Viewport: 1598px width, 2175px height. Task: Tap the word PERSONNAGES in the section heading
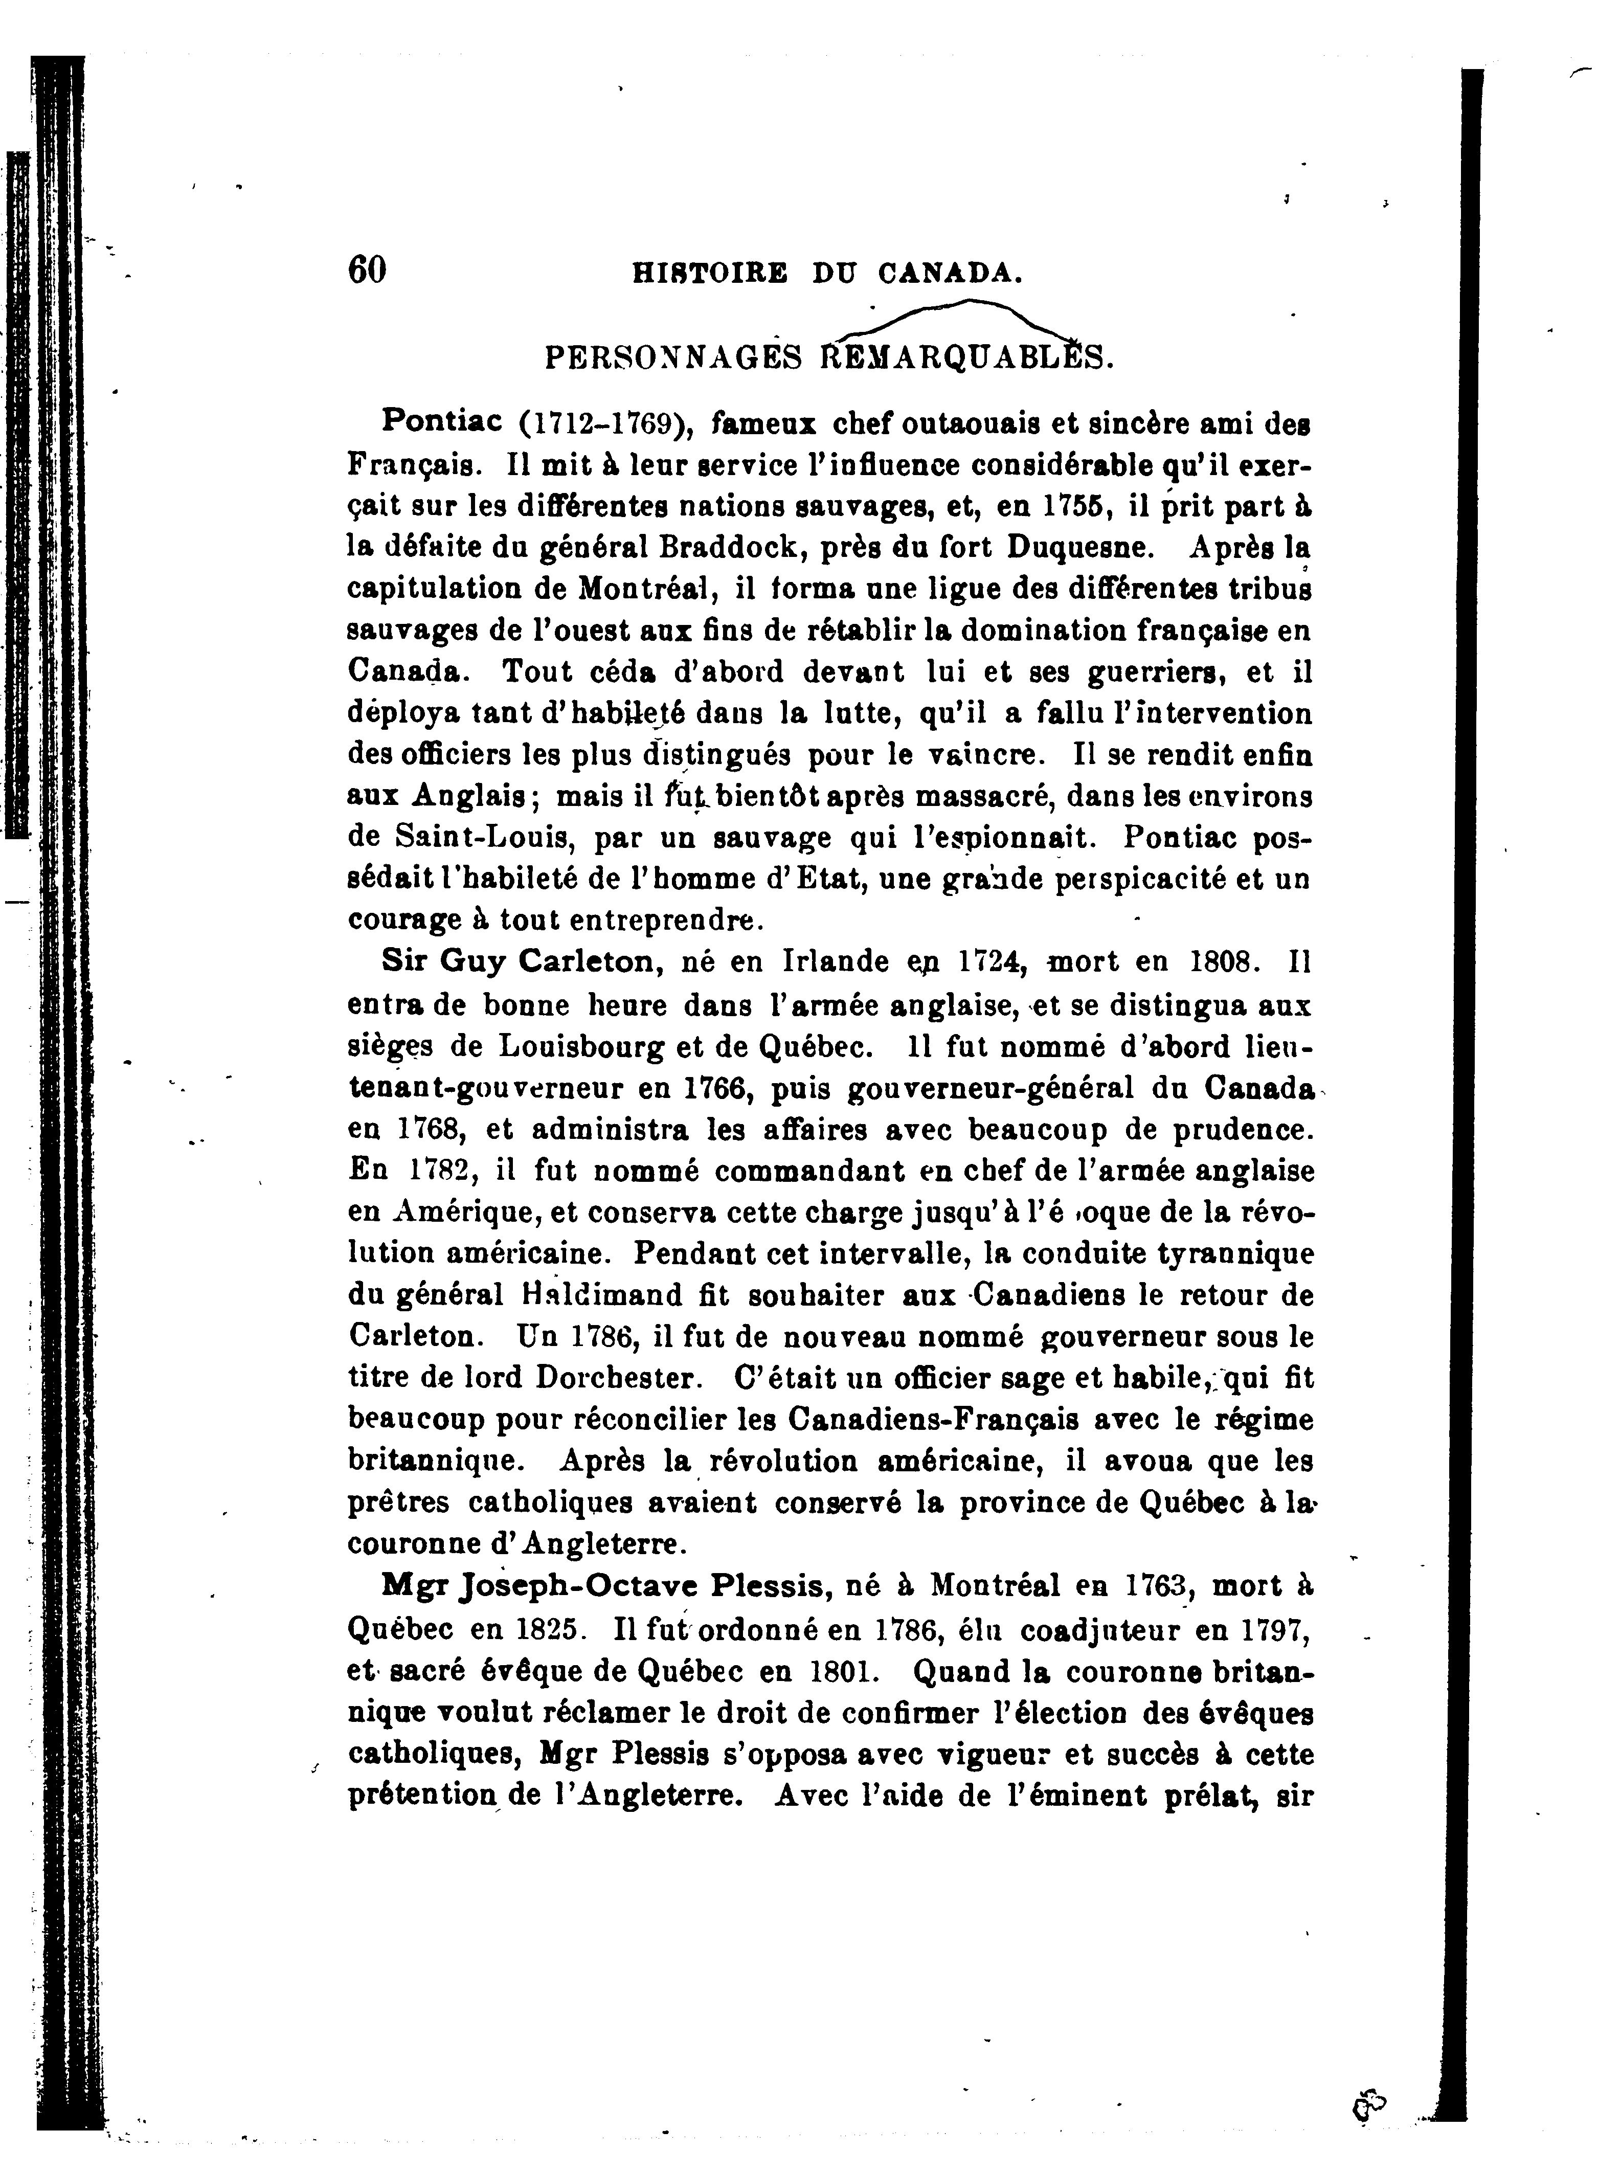click(x=674, y=359)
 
